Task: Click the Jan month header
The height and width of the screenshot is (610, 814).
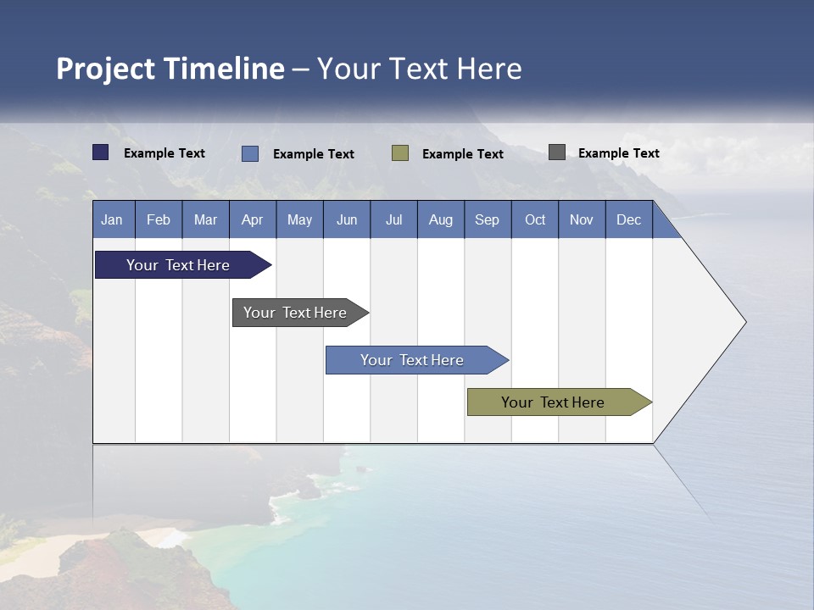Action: point(113,219)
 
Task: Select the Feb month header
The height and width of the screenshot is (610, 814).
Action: point(159,219)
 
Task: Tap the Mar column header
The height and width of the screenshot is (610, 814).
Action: point(205,219)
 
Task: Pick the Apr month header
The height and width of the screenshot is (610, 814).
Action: point(253,219)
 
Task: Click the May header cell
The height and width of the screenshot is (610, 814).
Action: point(299,219)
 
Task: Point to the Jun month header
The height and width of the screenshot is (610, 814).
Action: point(347,219)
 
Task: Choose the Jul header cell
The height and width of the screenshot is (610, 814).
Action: point(393,219)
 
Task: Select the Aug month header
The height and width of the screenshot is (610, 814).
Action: point(441,219)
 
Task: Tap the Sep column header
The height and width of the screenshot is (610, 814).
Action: point(488,219)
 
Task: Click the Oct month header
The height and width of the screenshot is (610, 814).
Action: point(535,219)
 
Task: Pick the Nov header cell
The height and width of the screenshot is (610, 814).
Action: point(582,219)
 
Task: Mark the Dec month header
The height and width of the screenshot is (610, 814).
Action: point(629,219)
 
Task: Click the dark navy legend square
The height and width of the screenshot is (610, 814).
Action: point(101,152)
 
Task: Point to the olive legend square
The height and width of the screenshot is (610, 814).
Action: point(400,152)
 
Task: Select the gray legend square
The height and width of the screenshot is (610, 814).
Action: point(557,152)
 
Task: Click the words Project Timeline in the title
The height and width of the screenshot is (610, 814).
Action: point(170,69)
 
